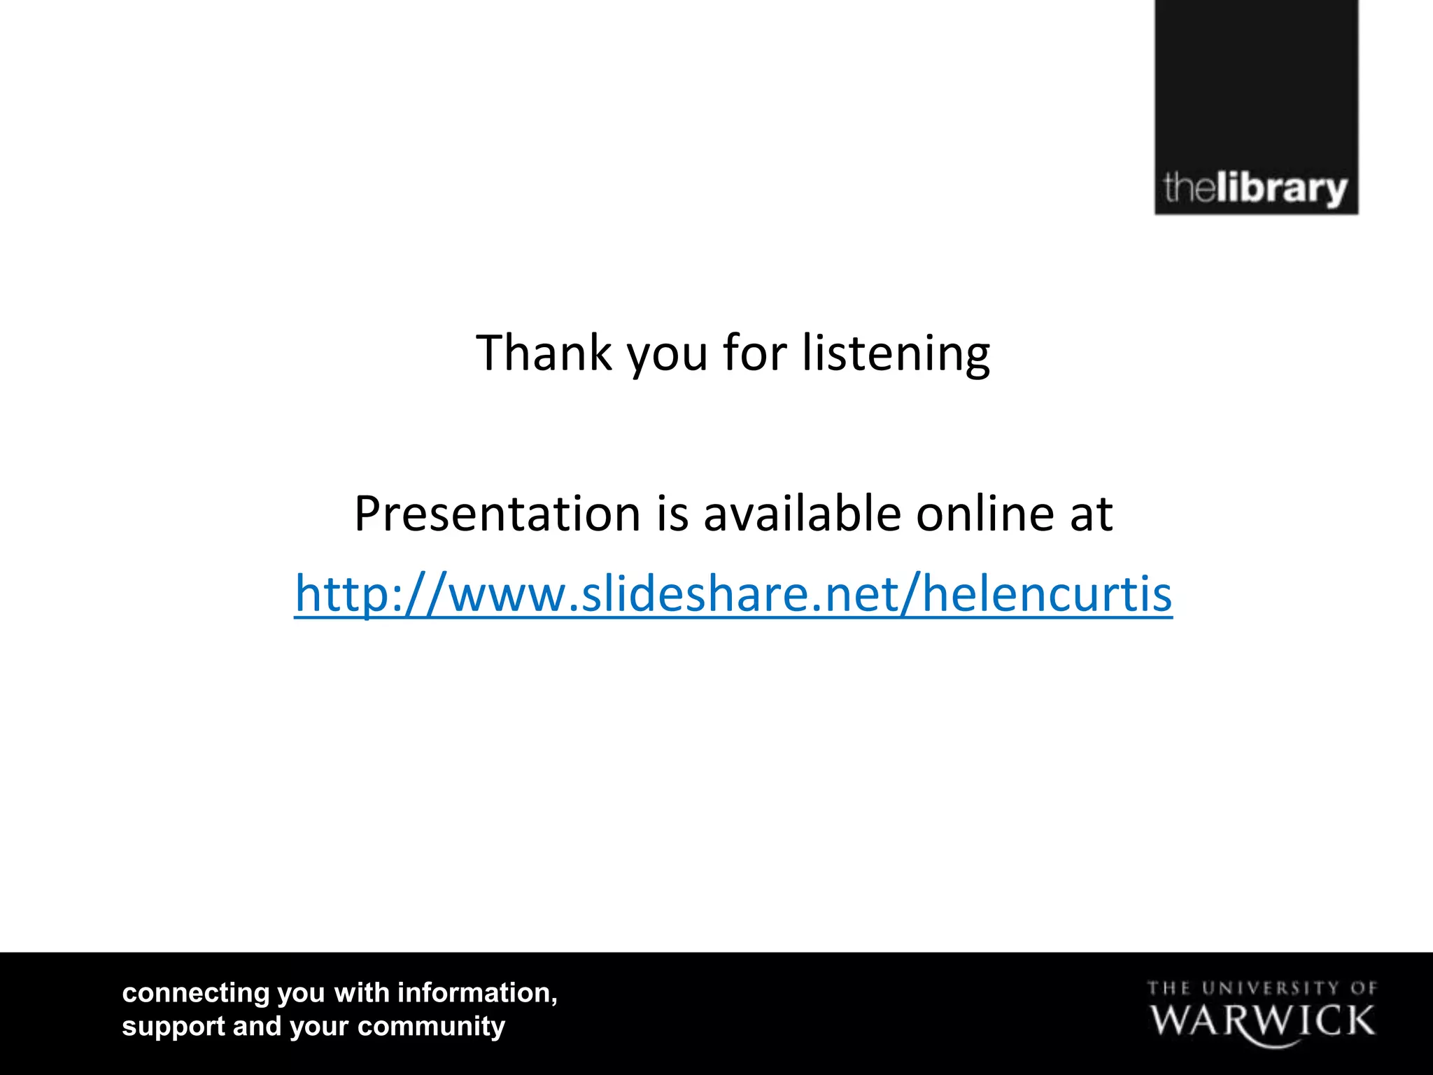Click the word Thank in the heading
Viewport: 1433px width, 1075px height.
pyautogui.click(x=544, y=353)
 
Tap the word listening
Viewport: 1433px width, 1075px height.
pyautogui.click(x=896, y=354)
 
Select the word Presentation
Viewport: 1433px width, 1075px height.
pyautogui.click(x=497, y=514)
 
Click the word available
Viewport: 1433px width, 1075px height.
pyautogui.click(x=802, y=514)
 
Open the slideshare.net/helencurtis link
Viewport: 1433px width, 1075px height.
pyautogui.click(x=733, y=594)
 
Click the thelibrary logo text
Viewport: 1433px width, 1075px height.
pyautogui.click(x=1255, y=189)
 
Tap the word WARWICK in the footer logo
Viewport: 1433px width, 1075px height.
pyautogui.click(x=1262, y=1021)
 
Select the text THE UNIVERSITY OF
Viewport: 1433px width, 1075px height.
pyautogui.click(x=1262, y=988)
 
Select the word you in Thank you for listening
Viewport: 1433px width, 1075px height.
pyautogui.click(x=668, y=354)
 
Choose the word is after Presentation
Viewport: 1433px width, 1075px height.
pyautogui.click(x=672, y=514)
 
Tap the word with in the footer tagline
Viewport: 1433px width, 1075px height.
pyautogui.click(x=362, y=993)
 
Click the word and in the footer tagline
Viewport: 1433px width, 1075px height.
pyautogui.click(x=257, y=1027)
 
